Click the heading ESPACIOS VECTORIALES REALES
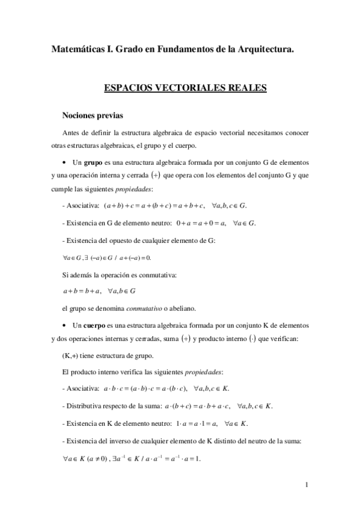[x=185, y=88]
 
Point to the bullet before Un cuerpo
[x=64, y=326]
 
